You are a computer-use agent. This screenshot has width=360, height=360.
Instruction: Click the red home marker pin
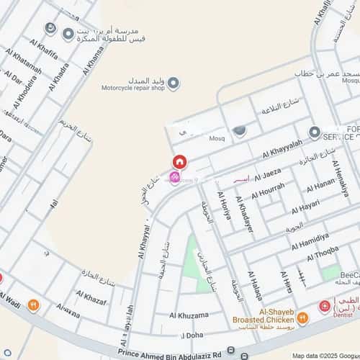pos(179,163)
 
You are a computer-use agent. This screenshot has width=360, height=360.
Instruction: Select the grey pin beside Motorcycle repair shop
pos(174,84)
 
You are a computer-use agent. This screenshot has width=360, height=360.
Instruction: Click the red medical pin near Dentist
pos(325,307)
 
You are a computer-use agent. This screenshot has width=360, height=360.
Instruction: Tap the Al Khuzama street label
pos(189,315)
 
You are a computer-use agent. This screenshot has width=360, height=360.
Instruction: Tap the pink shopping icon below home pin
pos(174,178)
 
